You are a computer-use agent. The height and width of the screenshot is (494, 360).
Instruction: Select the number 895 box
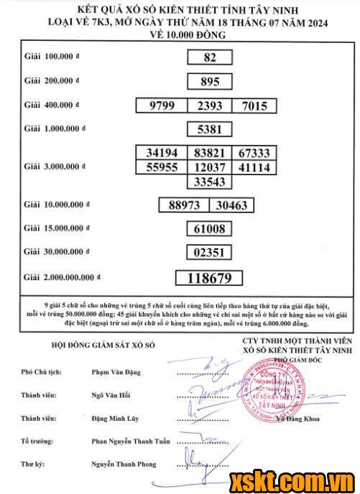tap(210, 82)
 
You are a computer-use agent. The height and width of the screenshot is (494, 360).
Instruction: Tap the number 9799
tap(162, 106)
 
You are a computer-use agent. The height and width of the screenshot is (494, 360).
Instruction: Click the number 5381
tap(210, 130)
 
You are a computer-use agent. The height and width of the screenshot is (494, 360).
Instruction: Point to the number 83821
tap(210, 153)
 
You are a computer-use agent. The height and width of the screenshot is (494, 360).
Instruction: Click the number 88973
tap(183, 205)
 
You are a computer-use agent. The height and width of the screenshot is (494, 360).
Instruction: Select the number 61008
tap(210, 229)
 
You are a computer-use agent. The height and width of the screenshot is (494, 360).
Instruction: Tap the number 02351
tap(210, 252)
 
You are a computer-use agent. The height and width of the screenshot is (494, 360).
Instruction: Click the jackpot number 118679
tap(210, 277)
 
